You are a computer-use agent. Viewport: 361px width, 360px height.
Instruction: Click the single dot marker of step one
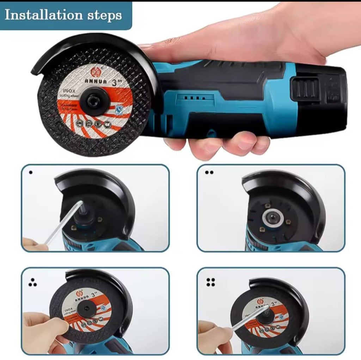pos(31,173)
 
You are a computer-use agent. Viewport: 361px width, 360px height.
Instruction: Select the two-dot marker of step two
pos(209,173)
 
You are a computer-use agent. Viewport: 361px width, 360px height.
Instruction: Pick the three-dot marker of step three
pos(32,282)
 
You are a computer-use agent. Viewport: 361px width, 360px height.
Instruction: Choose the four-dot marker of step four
pos(211,282)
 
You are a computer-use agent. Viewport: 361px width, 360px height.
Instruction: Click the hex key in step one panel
pos(63,222)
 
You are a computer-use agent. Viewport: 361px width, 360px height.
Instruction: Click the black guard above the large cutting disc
pos(88,44)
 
